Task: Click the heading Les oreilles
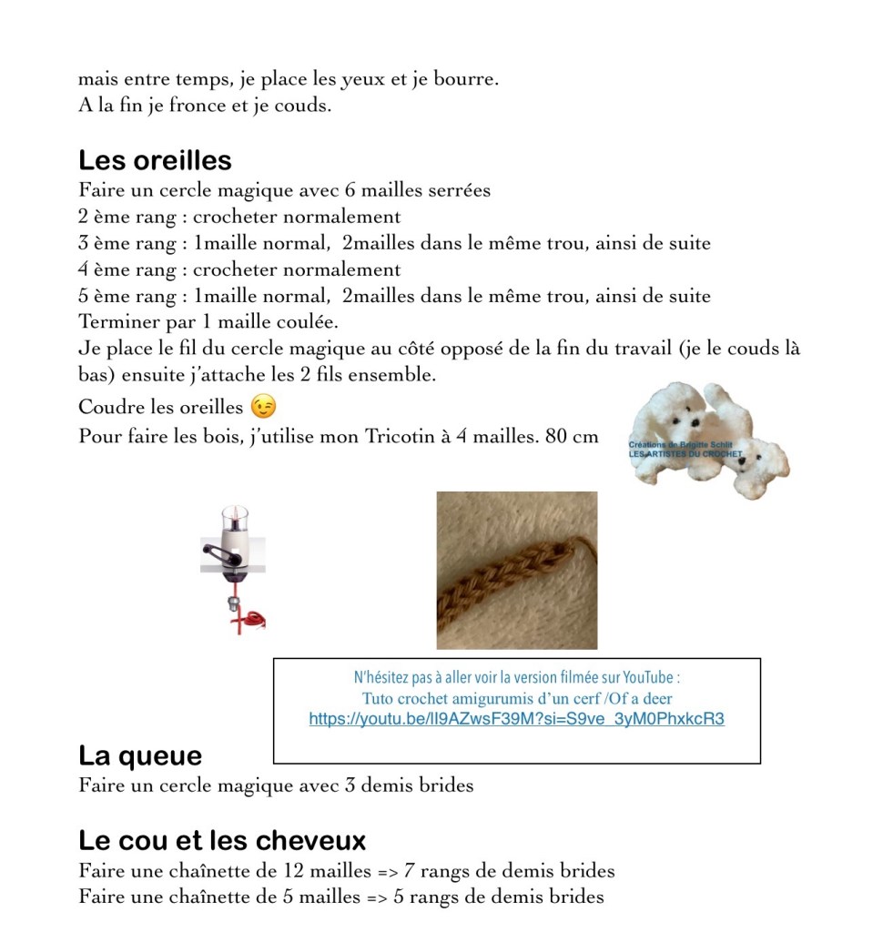click(x=155, y=161)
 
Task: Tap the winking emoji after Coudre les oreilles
click(x=263, y=406)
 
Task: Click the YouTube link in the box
click(x=516, y=719)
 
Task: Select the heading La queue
click(x=140, y=756)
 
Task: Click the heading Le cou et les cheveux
click(x=222, y=840)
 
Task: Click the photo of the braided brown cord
click(x=516, y=571)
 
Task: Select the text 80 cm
click(x=572, y=436)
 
